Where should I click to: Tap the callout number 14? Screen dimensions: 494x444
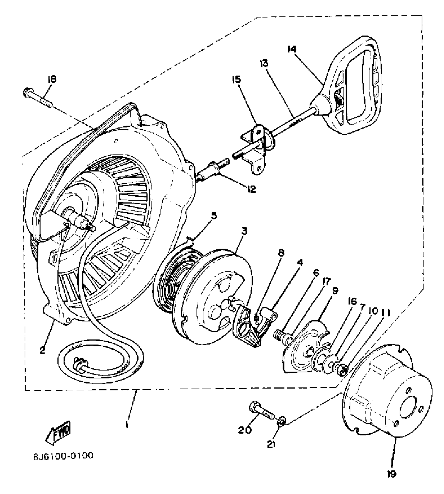292,49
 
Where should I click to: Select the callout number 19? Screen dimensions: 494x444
392,474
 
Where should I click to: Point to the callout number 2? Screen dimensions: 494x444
43,350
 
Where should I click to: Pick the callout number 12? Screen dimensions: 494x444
252,189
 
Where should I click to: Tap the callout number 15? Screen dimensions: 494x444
237,79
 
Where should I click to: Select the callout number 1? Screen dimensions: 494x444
127,425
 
